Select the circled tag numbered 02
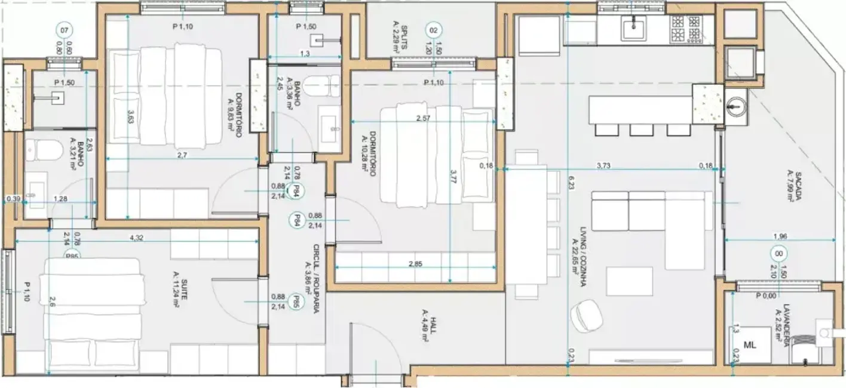point(434,29)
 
